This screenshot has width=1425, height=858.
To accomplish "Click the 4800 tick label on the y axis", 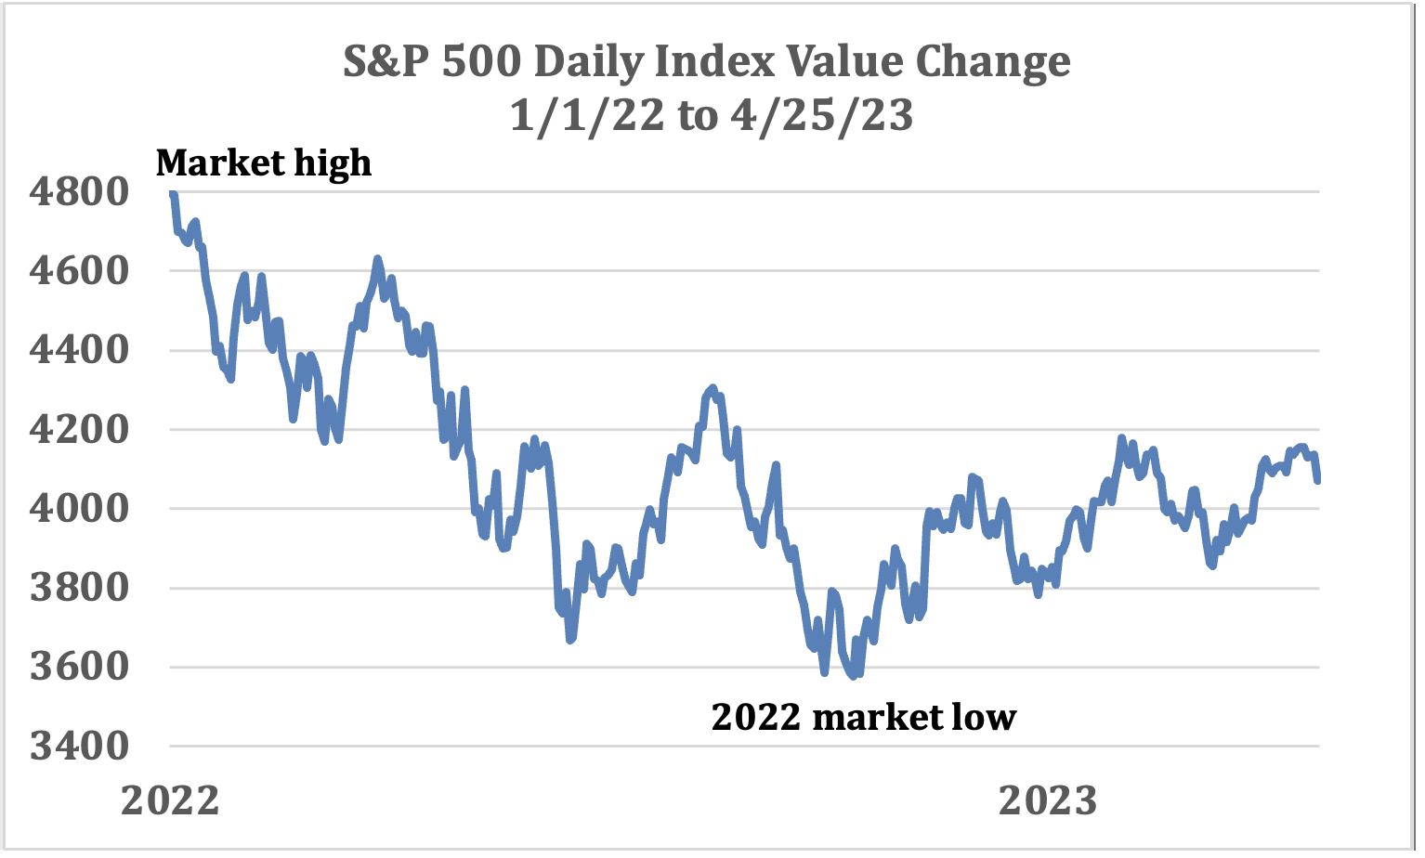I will [x=79, y=192].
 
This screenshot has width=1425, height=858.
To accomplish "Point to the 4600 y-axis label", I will [x=79, y=271].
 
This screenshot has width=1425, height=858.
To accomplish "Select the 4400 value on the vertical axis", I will [x=79, y=350].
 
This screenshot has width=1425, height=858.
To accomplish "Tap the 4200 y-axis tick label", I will [x=79, y=430].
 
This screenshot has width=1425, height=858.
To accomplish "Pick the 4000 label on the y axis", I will [x=79, y=509].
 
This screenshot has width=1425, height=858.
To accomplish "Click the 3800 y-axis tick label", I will [x=79, y=588].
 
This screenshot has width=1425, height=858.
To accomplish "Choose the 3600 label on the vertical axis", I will [x=79, y=667].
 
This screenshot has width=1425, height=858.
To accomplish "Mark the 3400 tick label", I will [x=79, y=746].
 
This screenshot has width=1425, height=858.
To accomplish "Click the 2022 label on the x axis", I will [x=170, y=800].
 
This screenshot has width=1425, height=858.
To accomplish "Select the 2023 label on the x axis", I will [x=1047, y=800].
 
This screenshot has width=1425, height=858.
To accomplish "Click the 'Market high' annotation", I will [x=264, y=163].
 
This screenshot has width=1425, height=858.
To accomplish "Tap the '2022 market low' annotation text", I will [x=863, y=717].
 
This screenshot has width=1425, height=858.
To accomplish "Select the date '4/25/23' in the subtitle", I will [x=822, y=116].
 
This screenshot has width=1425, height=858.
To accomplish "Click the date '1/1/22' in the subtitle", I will [x=587, y=116].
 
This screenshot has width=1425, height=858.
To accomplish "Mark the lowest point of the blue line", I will [x=853, y=676].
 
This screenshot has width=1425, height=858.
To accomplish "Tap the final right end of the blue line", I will [x=1317, y=480].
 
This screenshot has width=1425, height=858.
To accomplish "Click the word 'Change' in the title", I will [x=993, y=62].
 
